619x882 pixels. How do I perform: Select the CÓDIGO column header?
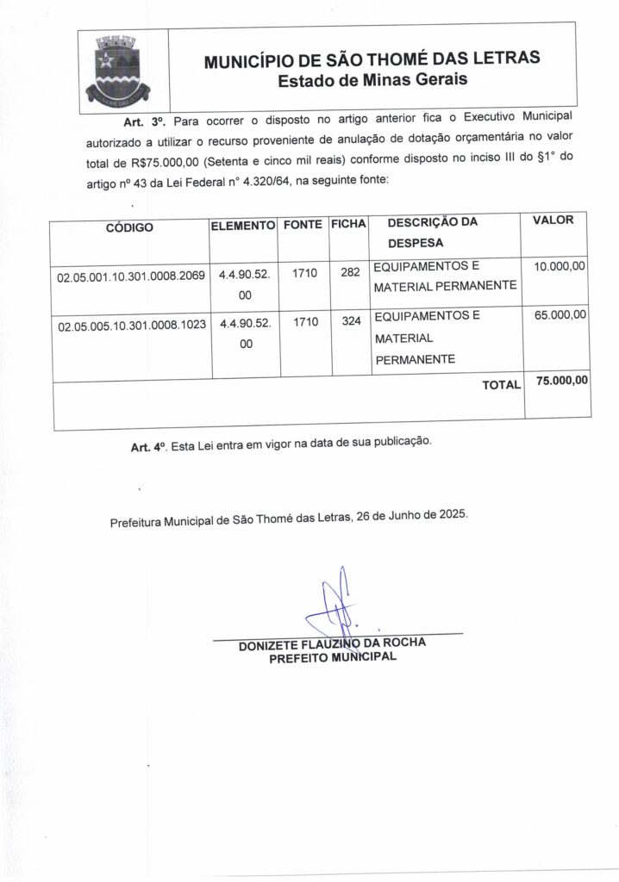pyautogui.click(x=129, y=228)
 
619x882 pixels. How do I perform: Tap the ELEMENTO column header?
pyautogui.click(x=243, y=224)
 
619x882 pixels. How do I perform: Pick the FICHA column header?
pyautogui.click(x=349, y=224)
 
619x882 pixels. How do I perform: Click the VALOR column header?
pyautogui.click(x=553, y=220)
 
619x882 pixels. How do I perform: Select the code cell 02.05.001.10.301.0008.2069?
pyautogui.click(x=130, y=278)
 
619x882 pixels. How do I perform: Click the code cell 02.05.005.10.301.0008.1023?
pyautogui.click(x=130, y=328)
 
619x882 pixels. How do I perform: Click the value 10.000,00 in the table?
pyautogui.click(x=560, y=268)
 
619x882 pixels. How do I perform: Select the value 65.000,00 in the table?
pyautogui.click(x=560, y=316)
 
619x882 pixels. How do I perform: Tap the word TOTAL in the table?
pyautogui.click(x=501, y=386)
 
